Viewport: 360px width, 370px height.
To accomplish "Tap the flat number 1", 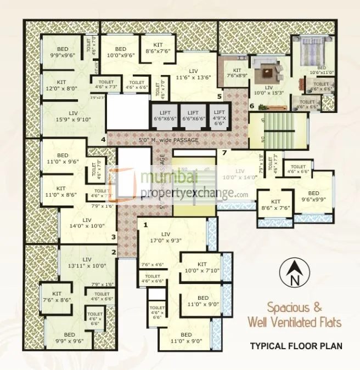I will point(145,225).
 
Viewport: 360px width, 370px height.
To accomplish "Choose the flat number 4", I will point(103,140).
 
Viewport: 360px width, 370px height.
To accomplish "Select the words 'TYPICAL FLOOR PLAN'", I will point(296,346).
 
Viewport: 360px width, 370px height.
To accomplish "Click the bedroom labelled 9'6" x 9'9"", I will point(313,196).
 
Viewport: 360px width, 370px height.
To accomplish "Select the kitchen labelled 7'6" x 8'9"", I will point(237,73).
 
